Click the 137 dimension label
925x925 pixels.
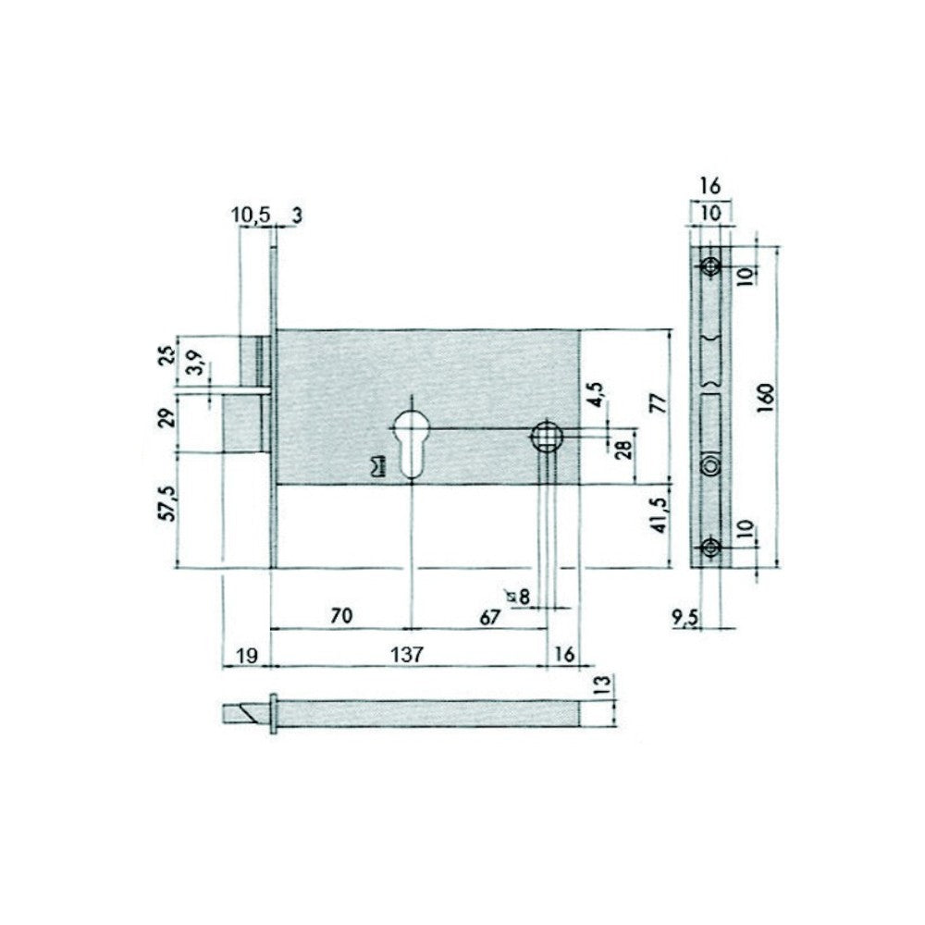(x=406, y=654)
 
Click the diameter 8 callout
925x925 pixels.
(x=518, y=597)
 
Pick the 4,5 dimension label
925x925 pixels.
(x=598, y=393)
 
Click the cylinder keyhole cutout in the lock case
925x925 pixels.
(x=409, y=441)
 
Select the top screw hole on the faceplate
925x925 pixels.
(x=710, y=265)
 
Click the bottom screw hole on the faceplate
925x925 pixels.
(x=710, y=546)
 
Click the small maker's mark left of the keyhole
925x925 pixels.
(x=376, y=467)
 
